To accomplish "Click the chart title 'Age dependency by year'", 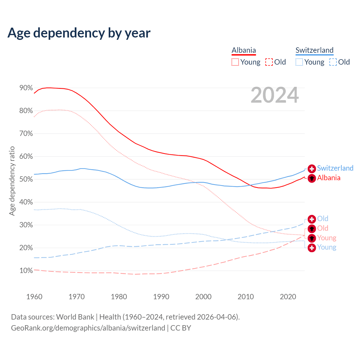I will point(79,33).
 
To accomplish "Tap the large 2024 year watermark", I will point(275,95).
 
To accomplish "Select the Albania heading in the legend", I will point(244,50).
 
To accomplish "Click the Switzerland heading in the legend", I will point(314,50).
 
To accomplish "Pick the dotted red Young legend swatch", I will point(235,62).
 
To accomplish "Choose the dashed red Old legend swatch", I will point(269,62).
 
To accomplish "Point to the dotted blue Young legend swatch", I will point(299,62).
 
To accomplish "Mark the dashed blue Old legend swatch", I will point(333,62).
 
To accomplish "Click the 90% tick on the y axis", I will point(26,88).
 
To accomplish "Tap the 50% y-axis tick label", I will point(26,179).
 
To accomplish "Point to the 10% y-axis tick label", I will point(26,271).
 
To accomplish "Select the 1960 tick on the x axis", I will point(34,297).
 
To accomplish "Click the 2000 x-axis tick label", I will point(203,297).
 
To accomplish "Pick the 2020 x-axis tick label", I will point(288,297).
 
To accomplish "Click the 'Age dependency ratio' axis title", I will point(12,181).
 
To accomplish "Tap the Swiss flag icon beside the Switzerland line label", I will point(312,169).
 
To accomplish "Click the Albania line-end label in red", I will point(329,178).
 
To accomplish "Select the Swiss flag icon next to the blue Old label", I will point(312,219).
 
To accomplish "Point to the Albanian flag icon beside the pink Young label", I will point(312,238).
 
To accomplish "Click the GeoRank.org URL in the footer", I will point(88,328).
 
